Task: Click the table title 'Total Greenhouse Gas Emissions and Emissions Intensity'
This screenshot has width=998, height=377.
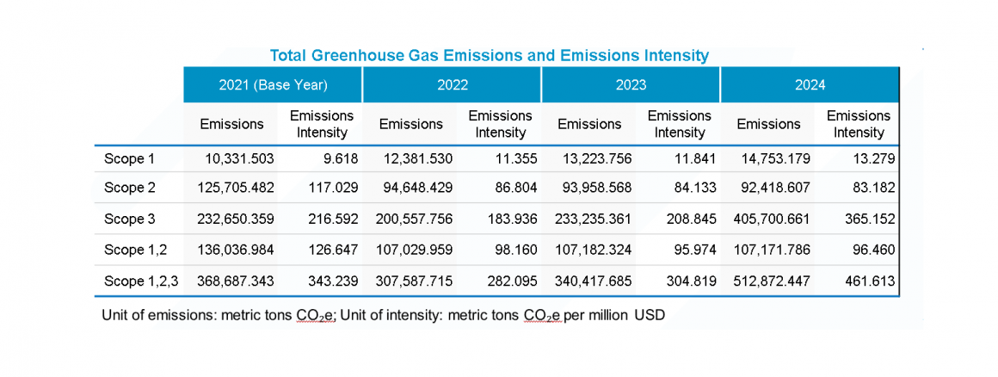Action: pyautogui.click(x=489, y=56)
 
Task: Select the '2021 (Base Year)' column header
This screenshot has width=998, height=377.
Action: pyautogui.click(x=272, y=84)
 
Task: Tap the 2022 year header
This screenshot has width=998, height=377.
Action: pyautogui.click(x=451, y=84)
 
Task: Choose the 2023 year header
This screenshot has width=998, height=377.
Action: pyautogui.click(x=630, y=84)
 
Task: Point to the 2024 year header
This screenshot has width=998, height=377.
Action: pyautogui.click(x=810, y=84)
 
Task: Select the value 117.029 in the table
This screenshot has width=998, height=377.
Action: pyautogui.click(x=333, y=188)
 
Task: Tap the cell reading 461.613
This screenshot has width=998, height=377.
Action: pyautogui.click(x=870, y=281)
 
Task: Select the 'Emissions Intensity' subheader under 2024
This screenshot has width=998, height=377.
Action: pyautogui.click(x=858, y=124)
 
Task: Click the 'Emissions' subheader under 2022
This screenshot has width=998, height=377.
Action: pyautogui.click(x=410, y=124)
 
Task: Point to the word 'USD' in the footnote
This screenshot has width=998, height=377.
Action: pyautogui.click(x=650, y=316)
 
